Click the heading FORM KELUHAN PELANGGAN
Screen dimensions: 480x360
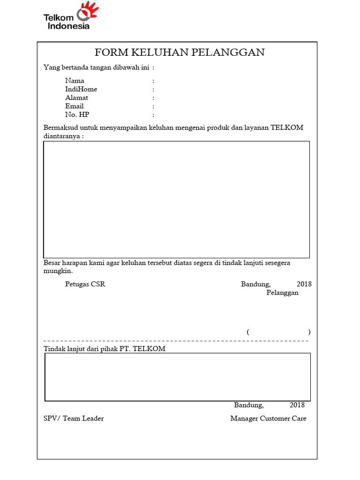click(x=180, y=52)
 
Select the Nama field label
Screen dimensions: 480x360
click(x=75, y=81)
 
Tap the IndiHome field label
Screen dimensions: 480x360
click(x=81, y=89)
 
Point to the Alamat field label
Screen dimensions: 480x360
click(x=76, y=97)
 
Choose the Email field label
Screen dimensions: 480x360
click(x=74, y=106)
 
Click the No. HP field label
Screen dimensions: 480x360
click(x=77, y=114)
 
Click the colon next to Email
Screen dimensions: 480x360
click(x=153, y=106)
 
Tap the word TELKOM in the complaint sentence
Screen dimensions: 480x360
click(x=287, y=127)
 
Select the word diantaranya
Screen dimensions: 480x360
click(x=62, y=136)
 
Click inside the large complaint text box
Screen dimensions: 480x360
click(x=176, y=199)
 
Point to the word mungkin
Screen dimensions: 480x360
click(x=57, y=271)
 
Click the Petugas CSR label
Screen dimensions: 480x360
click(x=85, y=284)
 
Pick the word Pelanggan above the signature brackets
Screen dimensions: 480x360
click(x=282, y=292)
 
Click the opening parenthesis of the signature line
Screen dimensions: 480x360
click(x=248, y=332)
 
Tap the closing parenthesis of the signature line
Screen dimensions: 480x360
click(x=309, y=332)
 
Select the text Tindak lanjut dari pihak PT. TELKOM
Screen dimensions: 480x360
click(x=104, y=349)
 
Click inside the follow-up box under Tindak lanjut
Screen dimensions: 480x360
click(x=178, y=377)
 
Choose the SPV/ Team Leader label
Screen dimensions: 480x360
click(x=74, y=418)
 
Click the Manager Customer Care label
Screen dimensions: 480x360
click(x=268, y=418)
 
